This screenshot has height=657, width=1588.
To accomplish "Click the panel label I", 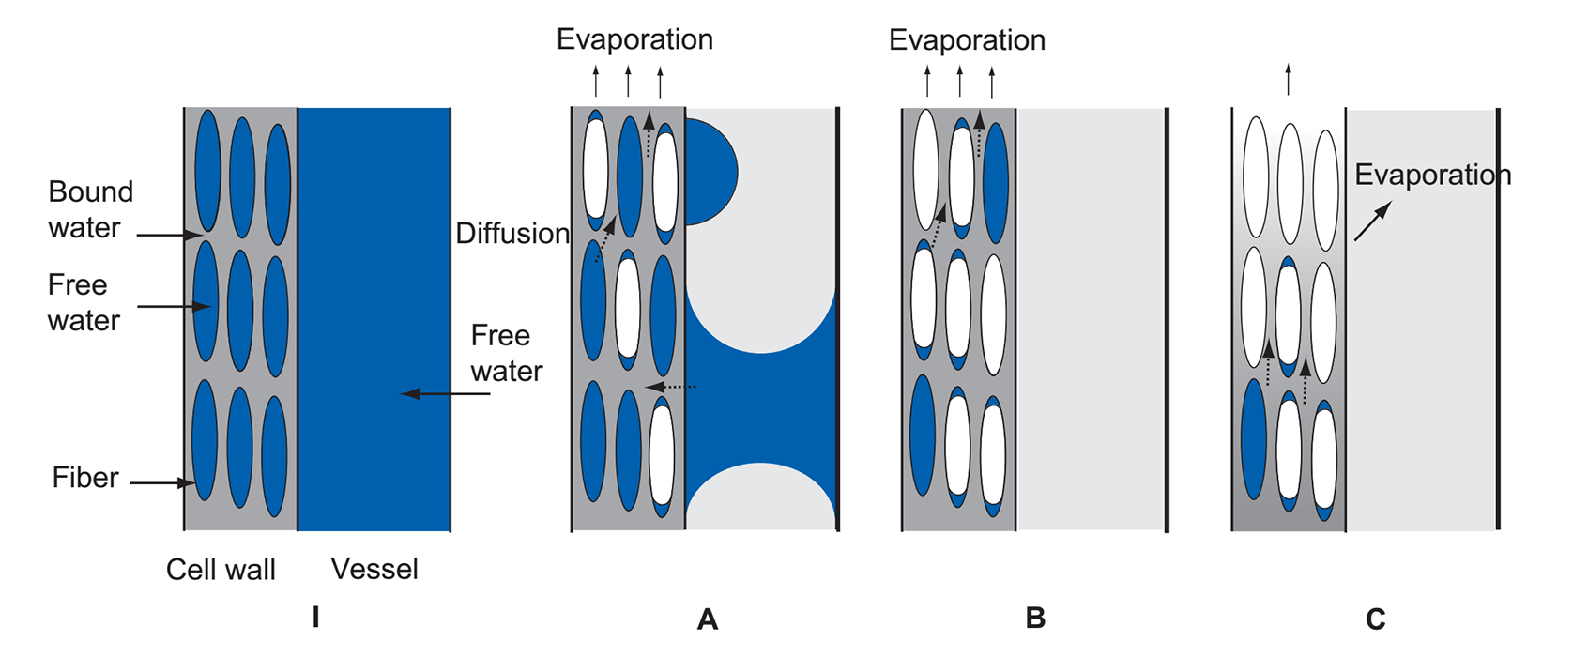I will point(316,617).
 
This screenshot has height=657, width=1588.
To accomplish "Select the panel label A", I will point(708,619).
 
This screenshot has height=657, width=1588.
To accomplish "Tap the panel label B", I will point(1035,618).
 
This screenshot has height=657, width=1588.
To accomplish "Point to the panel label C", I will point(1375,619).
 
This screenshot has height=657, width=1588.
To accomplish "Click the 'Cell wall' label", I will point(221,570).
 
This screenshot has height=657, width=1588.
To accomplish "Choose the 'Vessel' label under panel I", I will point(374,569).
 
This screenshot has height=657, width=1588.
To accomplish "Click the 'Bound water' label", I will point(90,209).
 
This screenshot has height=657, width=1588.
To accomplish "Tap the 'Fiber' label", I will point(85,478).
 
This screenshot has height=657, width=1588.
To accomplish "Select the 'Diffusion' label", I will point(512,233).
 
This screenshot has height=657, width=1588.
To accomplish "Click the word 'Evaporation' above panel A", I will point(634,39).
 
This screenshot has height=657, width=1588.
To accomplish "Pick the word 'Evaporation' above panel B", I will point(967,40).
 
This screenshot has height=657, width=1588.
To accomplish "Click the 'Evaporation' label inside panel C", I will point(1432,175).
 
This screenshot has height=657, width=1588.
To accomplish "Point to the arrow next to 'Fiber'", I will point(161,483).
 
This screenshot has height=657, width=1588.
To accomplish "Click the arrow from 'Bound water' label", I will point(169,235).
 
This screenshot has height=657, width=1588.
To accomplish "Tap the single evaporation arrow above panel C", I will point(1288,79).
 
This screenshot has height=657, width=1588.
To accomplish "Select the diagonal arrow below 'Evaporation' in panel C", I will point(1372,222).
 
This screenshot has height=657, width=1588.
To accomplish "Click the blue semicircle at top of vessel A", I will point(710,172).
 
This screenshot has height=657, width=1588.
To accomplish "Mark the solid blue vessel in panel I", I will point(374,319).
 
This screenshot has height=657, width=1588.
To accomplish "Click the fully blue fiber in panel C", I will point(1253,438).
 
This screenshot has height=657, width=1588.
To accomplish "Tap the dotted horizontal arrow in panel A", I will point(671,386).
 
